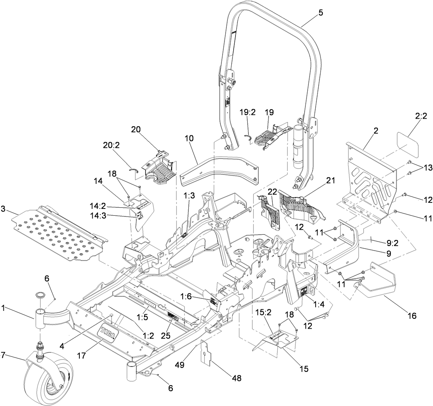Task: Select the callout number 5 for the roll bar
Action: point(321,13)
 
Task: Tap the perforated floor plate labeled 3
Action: point(57,235)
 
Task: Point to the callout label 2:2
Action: point(421,117)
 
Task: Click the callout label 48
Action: point(236,378)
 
